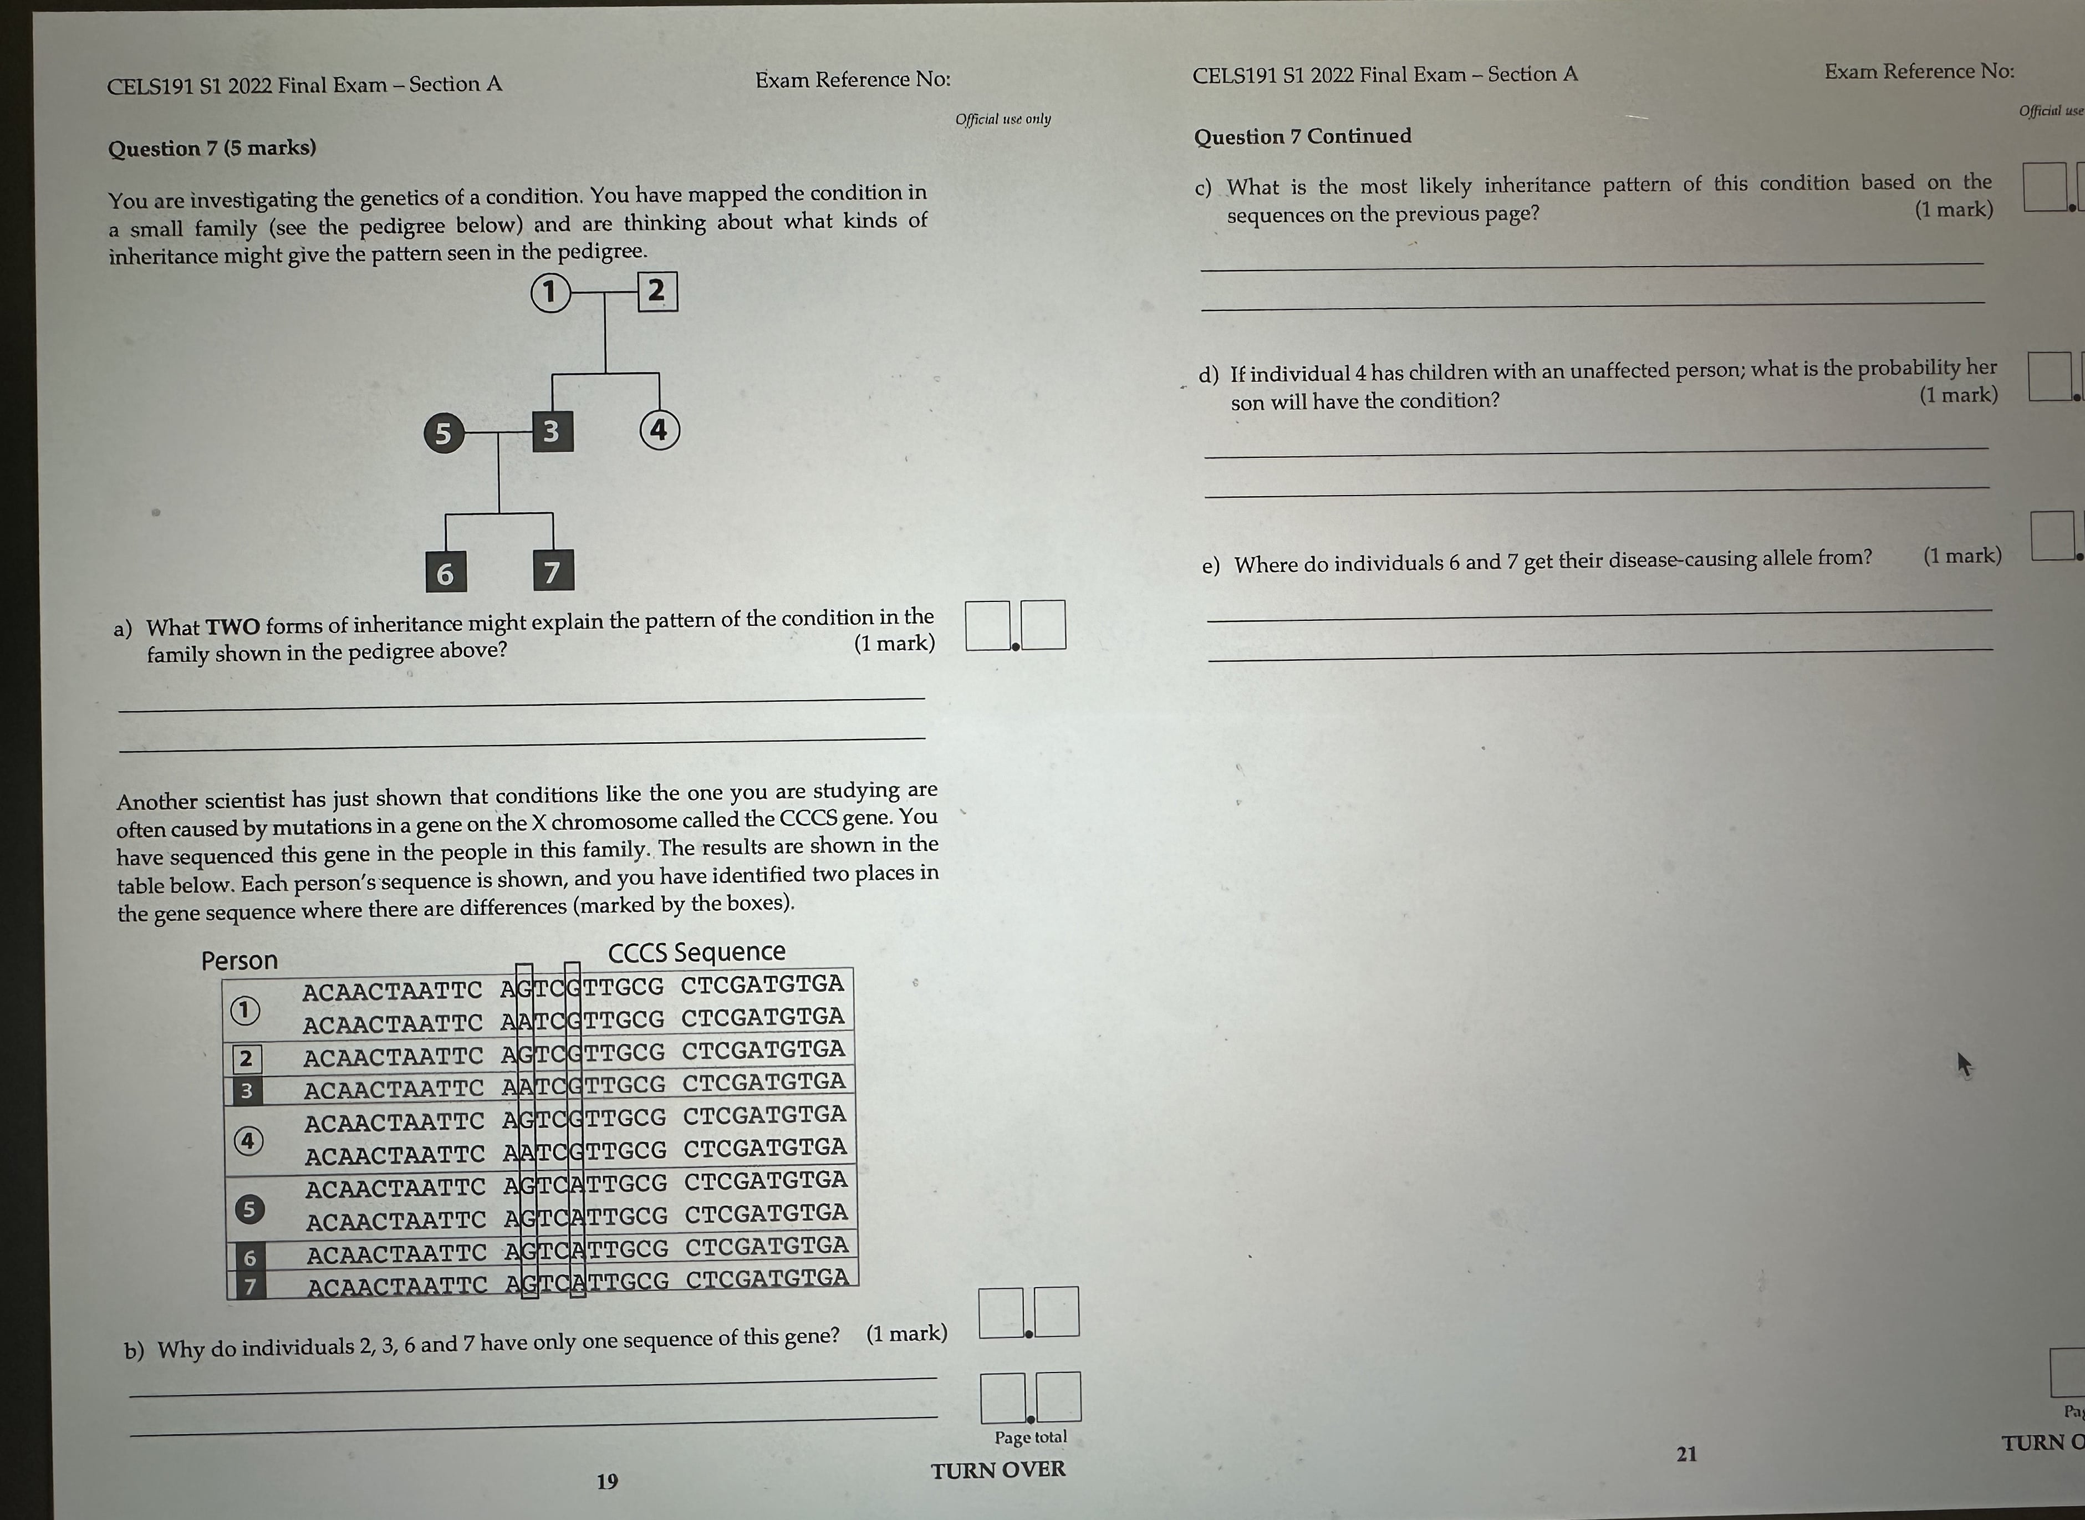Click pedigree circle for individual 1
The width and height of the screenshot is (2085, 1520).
[550, 293]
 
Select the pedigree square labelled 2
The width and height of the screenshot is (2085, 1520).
[657, 290]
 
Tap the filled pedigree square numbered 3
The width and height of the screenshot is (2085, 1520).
[552, 431]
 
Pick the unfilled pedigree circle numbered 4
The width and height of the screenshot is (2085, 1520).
[659, 430]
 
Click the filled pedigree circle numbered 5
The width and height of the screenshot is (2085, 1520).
[443, 432]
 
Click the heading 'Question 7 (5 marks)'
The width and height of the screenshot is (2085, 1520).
[212, 148]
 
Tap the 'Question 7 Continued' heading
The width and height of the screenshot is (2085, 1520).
[1302, 136]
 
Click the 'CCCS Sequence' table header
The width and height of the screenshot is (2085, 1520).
[696, 951]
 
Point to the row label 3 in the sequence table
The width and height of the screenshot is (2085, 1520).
[246, 1091]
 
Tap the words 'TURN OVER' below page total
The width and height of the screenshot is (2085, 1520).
[997, 1470]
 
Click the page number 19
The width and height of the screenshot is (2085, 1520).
[607, 1481]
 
